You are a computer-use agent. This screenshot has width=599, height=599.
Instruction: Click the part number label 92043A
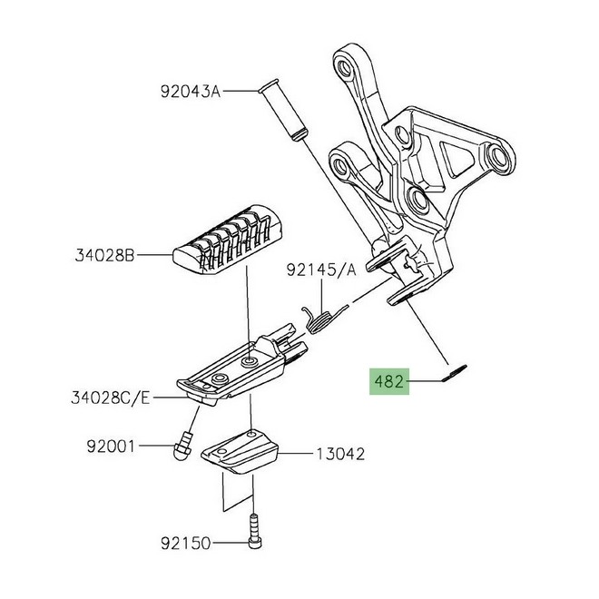[x=191, y=92]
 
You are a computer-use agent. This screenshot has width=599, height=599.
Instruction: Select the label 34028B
[x=105, y=255]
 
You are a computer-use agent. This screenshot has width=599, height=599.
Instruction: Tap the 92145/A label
[x=321, y=270]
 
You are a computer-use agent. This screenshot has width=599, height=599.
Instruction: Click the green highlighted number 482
[x=388, y=381]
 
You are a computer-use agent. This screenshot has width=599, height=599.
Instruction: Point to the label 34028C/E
[x=111, y=398]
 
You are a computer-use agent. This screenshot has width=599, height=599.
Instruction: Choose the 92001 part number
[x=111, y=446]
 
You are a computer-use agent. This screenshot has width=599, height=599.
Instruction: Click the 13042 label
[x=340, y=454]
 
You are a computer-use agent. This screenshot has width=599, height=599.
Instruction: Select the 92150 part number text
[x=185, y=543]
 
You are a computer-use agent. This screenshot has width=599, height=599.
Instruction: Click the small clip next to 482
[x=454, y=373]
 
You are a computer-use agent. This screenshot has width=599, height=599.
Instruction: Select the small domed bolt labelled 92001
[x=182, y=446]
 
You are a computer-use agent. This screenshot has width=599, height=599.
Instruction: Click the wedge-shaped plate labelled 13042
[x=240, y=452]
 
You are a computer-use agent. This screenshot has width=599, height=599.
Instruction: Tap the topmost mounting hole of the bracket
[x=344, y=69]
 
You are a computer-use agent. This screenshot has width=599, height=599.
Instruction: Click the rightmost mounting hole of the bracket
[x=497, y=155]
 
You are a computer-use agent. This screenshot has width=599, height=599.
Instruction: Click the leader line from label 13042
[x=297, y=454]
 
